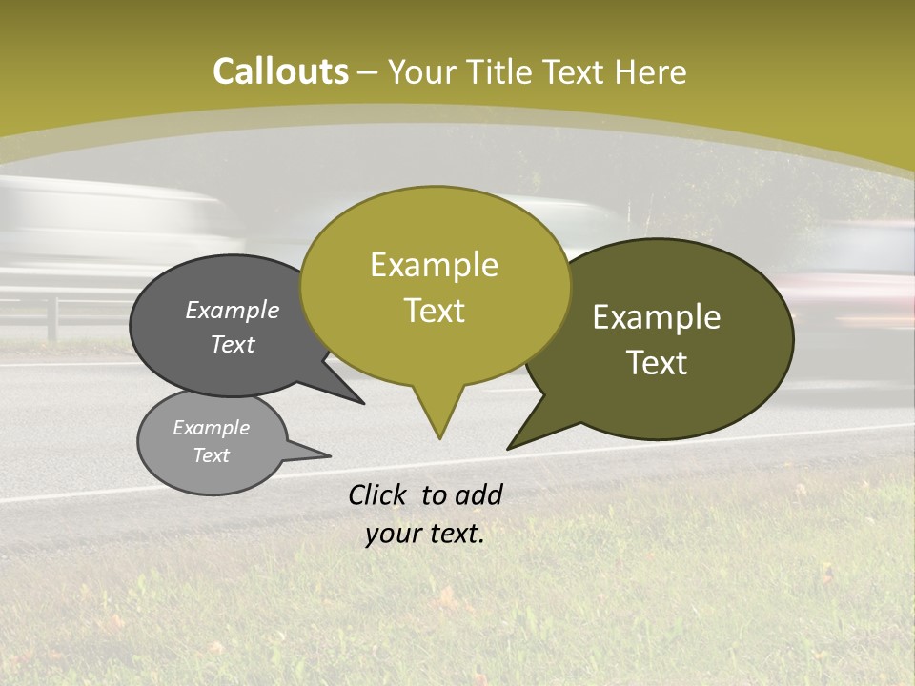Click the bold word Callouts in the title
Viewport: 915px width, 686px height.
pos(280,71)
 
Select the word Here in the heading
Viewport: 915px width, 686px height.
pos(651,72)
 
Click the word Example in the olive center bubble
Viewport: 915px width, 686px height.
pos(434,265)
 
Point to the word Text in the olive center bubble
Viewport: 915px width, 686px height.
pos(434,311)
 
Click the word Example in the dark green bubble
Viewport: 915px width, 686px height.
pos(657,317)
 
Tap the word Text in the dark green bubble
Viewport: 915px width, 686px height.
pos(657,363)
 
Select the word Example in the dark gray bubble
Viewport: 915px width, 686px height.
pos(232,311)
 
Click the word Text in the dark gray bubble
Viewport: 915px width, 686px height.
pos(232,344)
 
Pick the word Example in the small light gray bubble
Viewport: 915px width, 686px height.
pos(211,428)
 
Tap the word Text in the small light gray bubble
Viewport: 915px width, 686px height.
pos(211,455)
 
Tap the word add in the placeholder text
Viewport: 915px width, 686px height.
pos(478,494)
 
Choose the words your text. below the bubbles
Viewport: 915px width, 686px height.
pos(424,534)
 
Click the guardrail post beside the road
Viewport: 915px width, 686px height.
pos(52,319)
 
